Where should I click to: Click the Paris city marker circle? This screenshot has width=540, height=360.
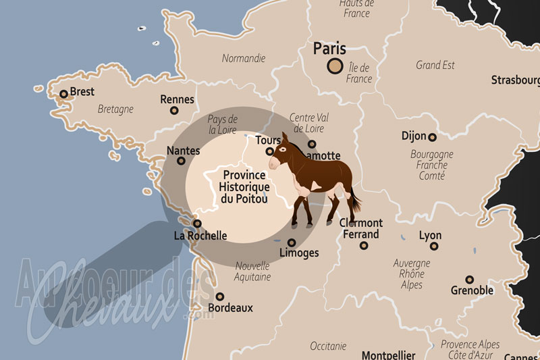click(x=334, y=66)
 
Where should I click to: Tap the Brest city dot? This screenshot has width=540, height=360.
click(x=63, y=95)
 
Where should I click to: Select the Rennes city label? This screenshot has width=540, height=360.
click(x=177, y=99)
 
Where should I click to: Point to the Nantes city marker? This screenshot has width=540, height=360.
click(x=180, y=161)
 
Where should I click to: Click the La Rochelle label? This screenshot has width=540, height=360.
click(x=200, y=236)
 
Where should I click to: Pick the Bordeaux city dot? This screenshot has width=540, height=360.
click(x=219, y=297)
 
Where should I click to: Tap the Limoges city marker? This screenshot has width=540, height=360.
click(x=292, y=242)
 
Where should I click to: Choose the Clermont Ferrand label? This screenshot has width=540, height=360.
click(x=361, y=228)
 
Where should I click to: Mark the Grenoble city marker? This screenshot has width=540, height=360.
click(x=469, y=280)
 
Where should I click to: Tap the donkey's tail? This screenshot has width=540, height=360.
click(x=354, y=199)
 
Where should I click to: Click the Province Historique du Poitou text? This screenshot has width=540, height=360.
click(x=244, y=186)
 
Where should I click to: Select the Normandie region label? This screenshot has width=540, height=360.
click(x=243, y=58)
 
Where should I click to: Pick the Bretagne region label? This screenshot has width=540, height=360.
click(x=115, y=109)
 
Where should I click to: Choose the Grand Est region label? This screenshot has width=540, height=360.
click(x=435, y=66)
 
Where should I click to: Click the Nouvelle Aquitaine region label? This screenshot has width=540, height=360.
click(x=252, y=271)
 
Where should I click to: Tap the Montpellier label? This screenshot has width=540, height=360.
click(x=389, y=355)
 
